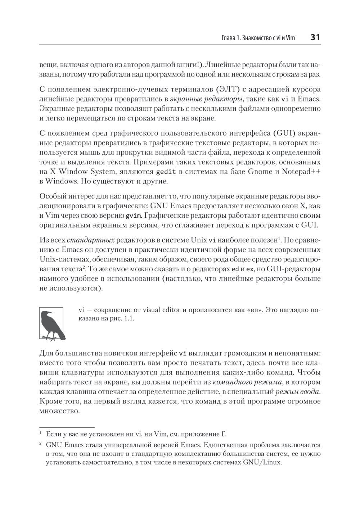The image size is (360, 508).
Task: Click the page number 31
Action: tap(315, 37)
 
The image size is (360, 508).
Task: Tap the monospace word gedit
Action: tap(166, 172)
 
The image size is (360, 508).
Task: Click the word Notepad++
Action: tap(301, 172)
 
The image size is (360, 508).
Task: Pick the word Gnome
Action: tap(260, 172)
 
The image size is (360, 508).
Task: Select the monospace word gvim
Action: tap(134, 216)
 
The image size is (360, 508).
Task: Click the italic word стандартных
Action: tap(91, 240)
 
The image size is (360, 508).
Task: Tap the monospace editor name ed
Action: tap(235, 269)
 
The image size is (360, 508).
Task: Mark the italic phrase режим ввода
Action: tap(298, 392)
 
